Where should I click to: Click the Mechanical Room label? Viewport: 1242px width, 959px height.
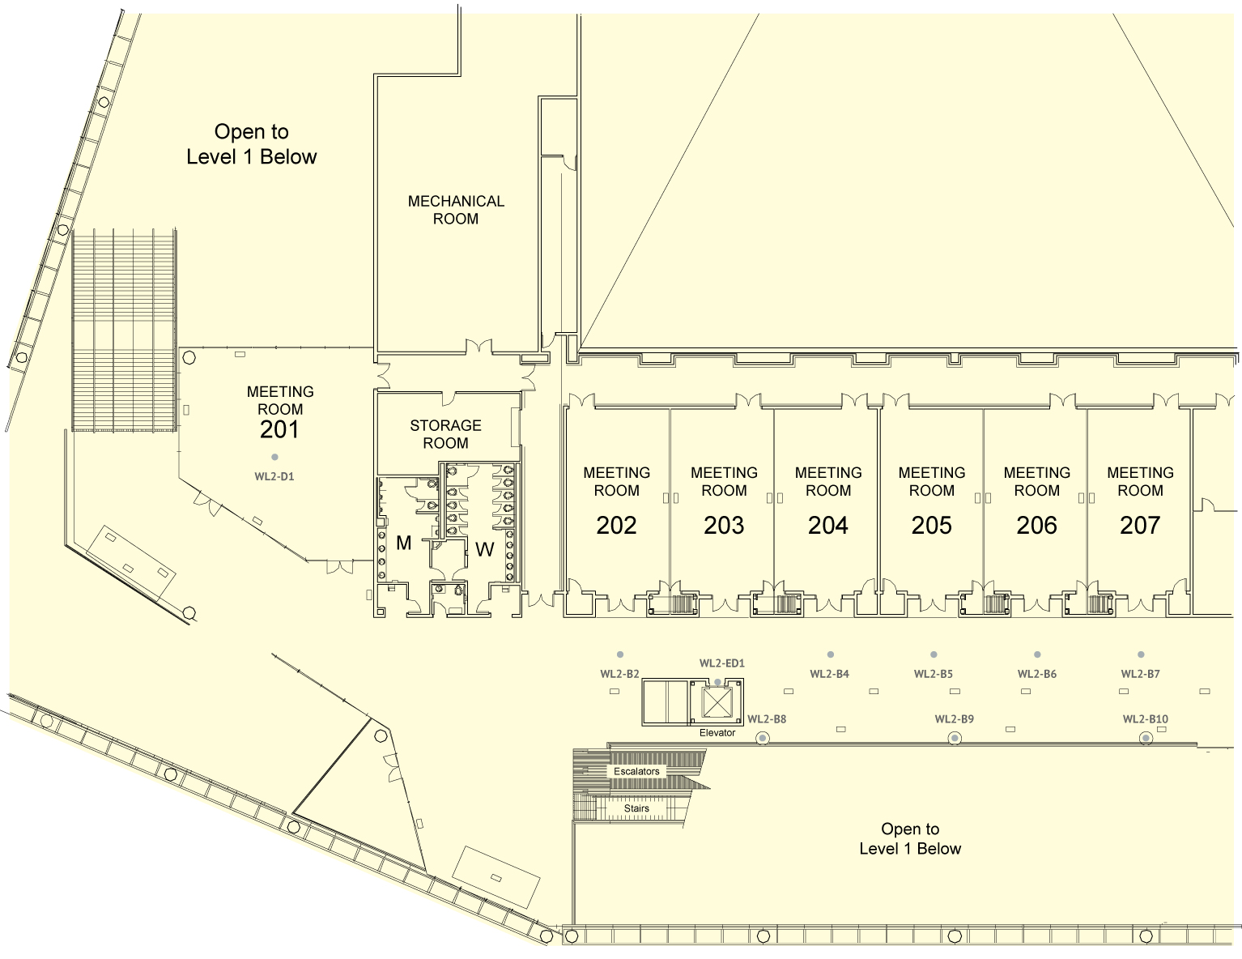tap(456, 210)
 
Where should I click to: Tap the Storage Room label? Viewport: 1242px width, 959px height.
tap(445, 434)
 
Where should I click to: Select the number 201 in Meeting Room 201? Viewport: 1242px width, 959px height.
tap(279, 430)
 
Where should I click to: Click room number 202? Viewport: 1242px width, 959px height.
tap(616, 525)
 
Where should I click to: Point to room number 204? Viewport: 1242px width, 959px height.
tap(827, 525)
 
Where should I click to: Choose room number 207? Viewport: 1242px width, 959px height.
tap(1140, 525)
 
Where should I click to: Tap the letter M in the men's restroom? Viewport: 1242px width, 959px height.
tap(403, 543)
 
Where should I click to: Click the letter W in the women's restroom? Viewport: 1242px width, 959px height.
tap(485, 550)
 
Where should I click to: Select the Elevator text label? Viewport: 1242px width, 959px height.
tap(717, 733)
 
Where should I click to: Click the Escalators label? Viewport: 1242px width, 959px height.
tap(636, 771)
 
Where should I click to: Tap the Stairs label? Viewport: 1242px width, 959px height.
tap(636, 808)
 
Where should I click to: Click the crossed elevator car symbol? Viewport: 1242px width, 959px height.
tap(717, 702)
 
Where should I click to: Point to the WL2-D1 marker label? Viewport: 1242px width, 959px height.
tap(274, 476)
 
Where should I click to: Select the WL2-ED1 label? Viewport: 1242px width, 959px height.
tap(722, 663)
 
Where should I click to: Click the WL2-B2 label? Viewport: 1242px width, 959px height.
tap(619, 674)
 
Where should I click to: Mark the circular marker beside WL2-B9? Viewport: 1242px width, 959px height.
tap(954, 739)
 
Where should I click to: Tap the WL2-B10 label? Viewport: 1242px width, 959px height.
tap(1146, 719)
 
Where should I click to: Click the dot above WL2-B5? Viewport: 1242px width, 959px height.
tap(934, 654)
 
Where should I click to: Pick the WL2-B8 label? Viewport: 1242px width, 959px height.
tap(767, 719)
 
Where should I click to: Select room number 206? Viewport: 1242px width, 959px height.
tap(1036, 525)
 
